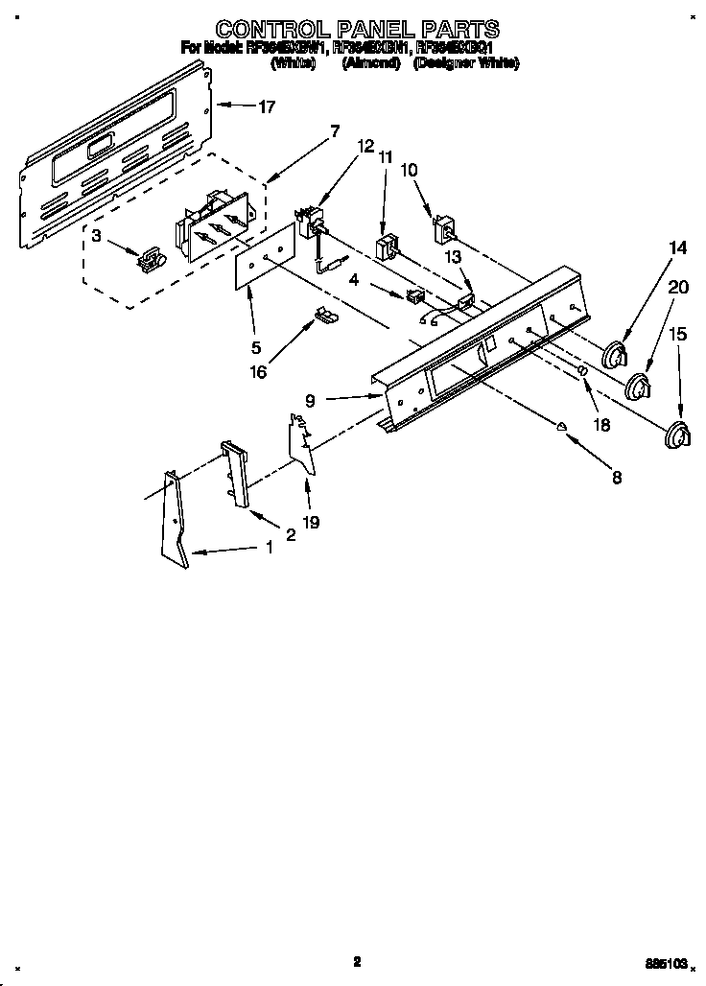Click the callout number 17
point(266,107)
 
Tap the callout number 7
point(335,132)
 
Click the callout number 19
point(311,523)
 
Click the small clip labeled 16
point(325,315)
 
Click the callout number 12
point(365,147)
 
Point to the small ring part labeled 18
point(581,371)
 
